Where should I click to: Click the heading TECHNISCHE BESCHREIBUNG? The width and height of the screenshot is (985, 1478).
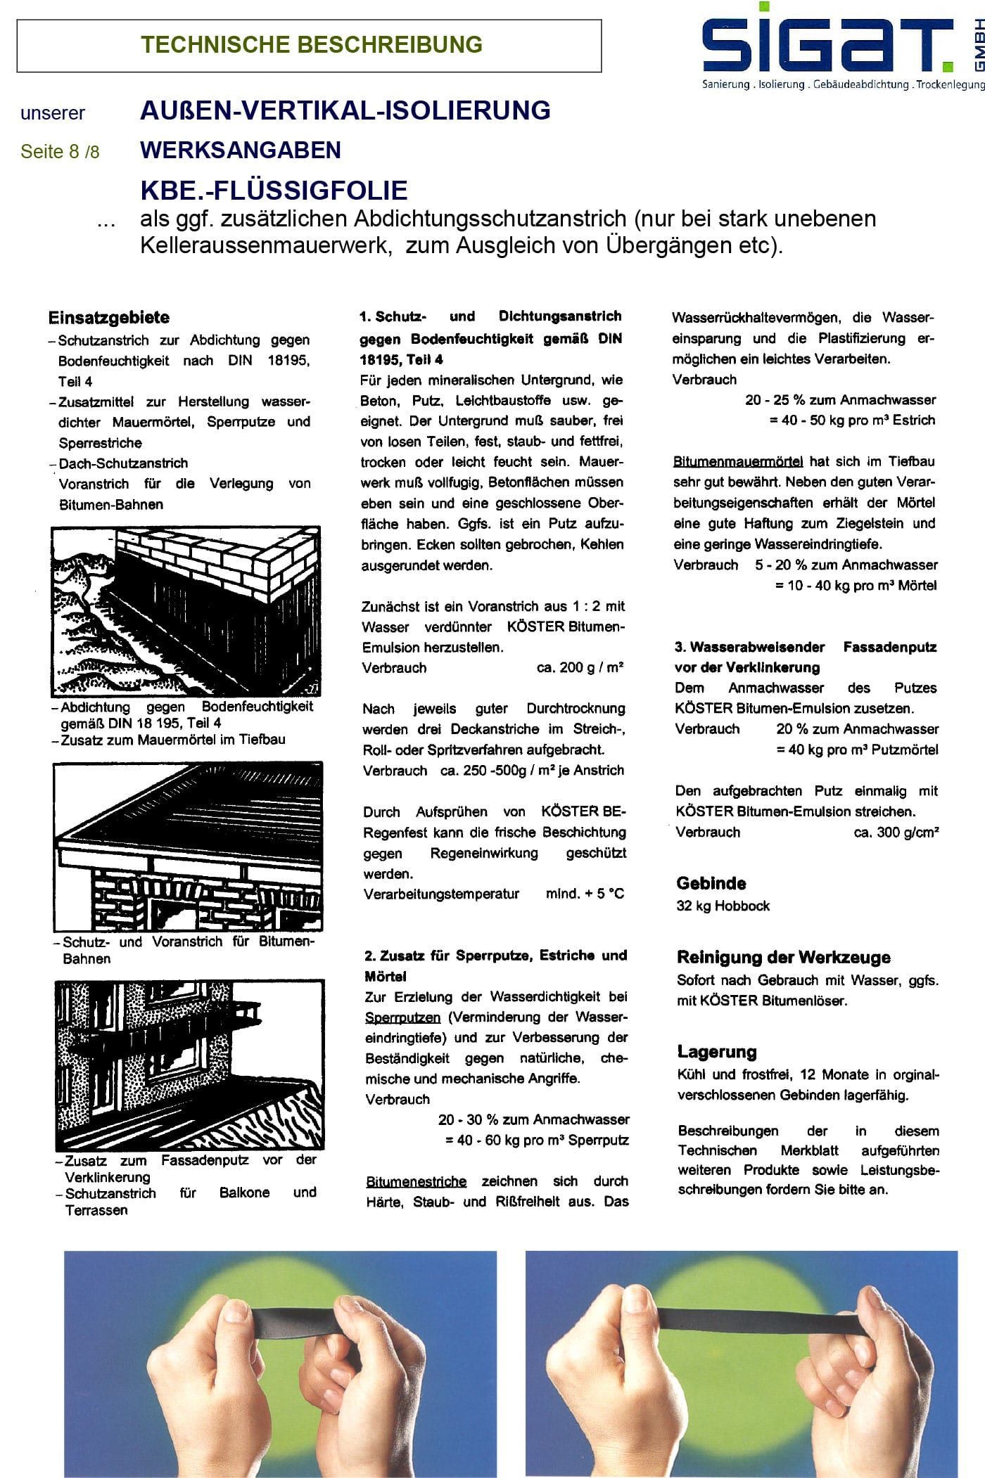click(311, 45)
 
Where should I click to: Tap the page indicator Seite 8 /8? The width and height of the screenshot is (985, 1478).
click(60, 151)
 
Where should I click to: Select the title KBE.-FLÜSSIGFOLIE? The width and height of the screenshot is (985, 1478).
click(274, 191)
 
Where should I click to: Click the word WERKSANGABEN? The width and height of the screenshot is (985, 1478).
click(241, 150)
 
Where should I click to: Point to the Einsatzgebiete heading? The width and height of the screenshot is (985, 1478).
click(109, 317)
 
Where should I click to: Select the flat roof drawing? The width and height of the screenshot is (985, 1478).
click(188, 845)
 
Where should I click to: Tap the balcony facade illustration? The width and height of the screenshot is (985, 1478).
click(189, 1064)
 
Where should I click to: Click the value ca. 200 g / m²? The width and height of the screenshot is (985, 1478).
click(580, 667)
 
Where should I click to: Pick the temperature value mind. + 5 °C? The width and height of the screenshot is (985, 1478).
click(585, 894)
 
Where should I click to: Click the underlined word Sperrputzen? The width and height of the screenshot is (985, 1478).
click(402, 1017)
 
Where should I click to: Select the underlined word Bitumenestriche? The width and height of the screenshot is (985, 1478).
click(416, 1181)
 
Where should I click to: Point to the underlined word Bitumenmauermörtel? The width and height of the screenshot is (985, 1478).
click(737, 462)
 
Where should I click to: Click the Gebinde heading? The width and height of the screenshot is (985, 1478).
click(711, 883)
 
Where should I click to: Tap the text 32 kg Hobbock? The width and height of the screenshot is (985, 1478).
click(723, 906)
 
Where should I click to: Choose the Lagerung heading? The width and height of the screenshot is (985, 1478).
click(716, 1052)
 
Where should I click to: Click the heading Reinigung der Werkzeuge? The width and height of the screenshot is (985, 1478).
click(783, 957)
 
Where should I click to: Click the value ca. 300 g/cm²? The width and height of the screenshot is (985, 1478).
click(896, 832)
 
